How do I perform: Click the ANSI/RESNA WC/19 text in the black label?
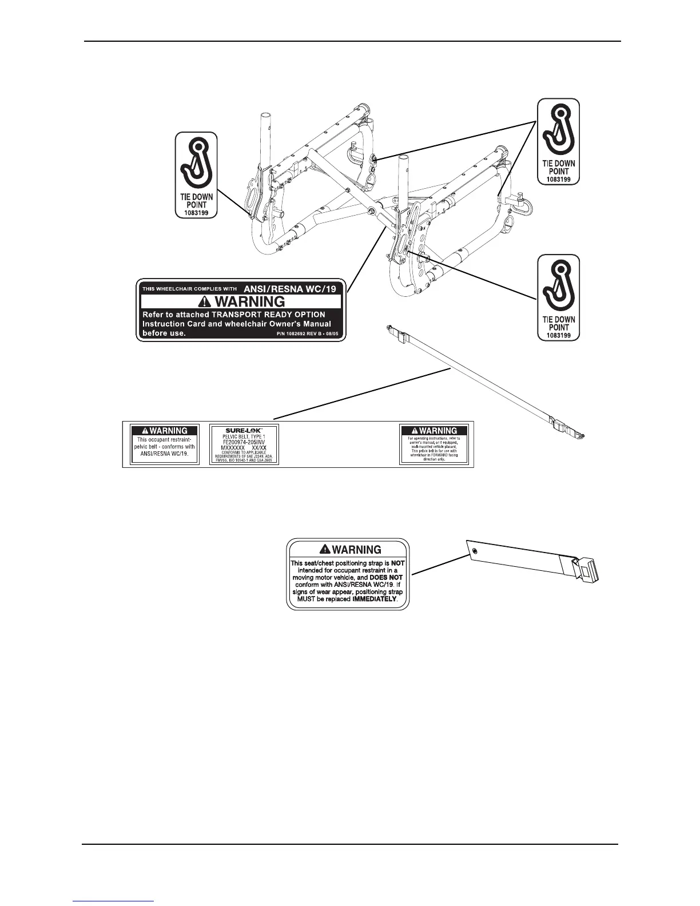[291, 289]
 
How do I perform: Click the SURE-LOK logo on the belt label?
[244, 430]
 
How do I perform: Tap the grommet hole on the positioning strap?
[475, 551]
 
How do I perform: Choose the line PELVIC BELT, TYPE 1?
[244, 436]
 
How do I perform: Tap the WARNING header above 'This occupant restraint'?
[165, 431]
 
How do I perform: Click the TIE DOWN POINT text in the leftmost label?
[196, 200]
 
